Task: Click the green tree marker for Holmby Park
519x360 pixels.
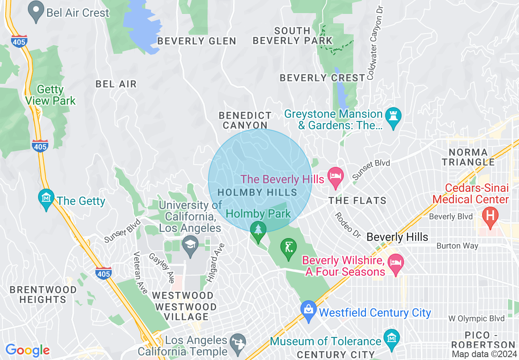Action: [258, 231]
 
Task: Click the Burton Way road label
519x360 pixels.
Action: [457, 246]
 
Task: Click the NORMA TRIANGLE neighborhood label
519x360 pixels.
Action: [468, 157]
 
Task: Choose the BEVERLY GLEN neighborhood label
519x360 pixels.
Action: [196, 41]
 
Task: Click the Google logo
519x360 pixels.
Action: [27, 350]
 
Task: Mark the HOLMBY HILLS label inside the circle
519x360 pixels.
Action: [257, 192]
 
